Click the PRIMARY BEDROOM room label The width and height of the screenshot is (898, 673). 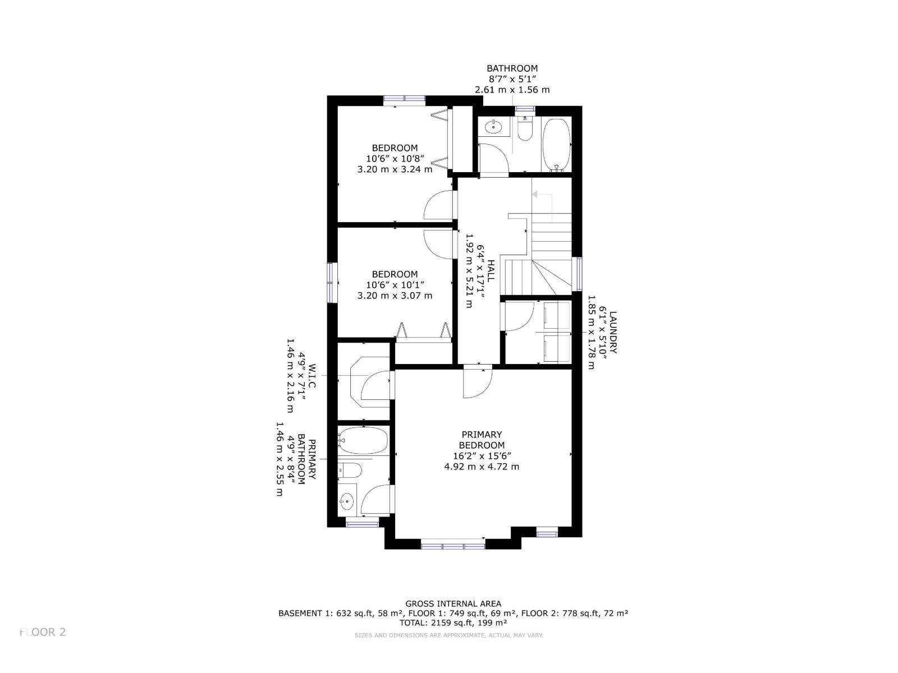click(482, 440)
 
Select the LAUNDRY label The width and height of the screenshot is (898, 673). click(612, 332)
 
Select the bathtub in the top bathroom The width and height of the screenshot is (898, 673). click(556, 145)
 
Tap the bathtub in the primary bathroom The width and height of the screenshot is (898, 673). click(363, 440)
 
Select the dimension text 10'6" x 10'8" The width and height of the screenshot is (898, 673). click(395, 159)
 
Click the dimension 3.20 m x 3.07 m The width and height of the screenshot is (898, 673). click(395, 296)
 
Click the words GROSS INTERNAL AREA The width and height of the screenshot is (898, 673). click(453, 603)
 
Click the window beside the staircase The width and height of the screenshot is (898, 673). click(579, 274)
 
